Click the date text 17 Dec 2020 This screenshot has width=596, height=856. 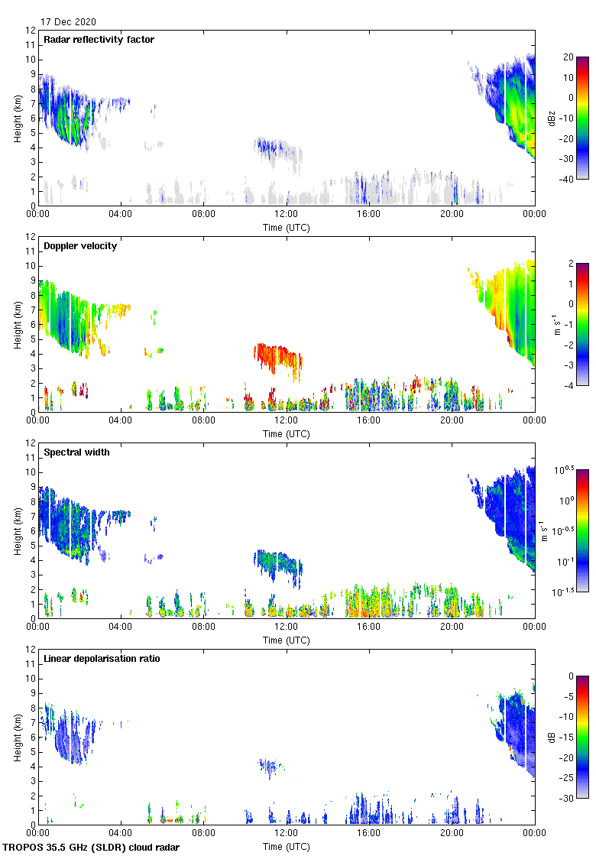[x=69, y=22]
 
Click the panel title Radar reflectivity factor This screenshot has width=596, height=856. [x=99, y=40]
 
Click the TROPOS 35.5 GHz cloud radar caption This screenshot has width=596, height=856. [x=92, y=848]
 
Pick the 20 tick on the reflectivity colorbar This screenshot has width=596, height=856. [x=568, y=57]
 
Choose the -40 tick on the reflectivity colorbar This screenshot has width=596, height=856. [x=568, y=180]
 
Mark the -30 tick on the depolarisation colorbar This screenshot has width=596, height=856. [x=568, y=799]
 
